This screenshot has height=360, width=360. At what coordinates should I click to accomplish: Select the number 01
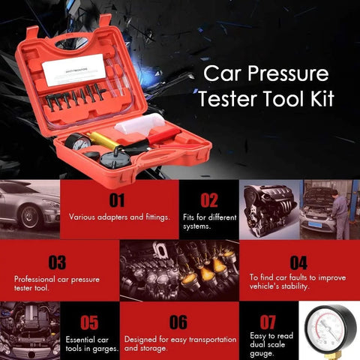click(117, 199)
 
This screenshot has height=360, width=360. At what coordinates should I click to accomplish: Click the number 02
click(209, 199)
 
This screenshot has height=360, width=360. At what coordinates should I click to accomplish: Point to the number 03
click(57, 262)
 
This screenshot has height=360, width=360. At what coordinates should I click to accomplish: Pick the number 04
click(298, 262)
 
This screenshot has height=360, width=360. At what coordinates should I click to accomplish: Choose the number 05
click(89, 322)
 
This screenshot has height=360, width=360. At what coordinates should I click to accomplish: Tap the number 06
click(178, 322)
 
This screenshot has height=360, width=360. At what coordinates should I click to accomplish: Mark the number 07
click(268, 322)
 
